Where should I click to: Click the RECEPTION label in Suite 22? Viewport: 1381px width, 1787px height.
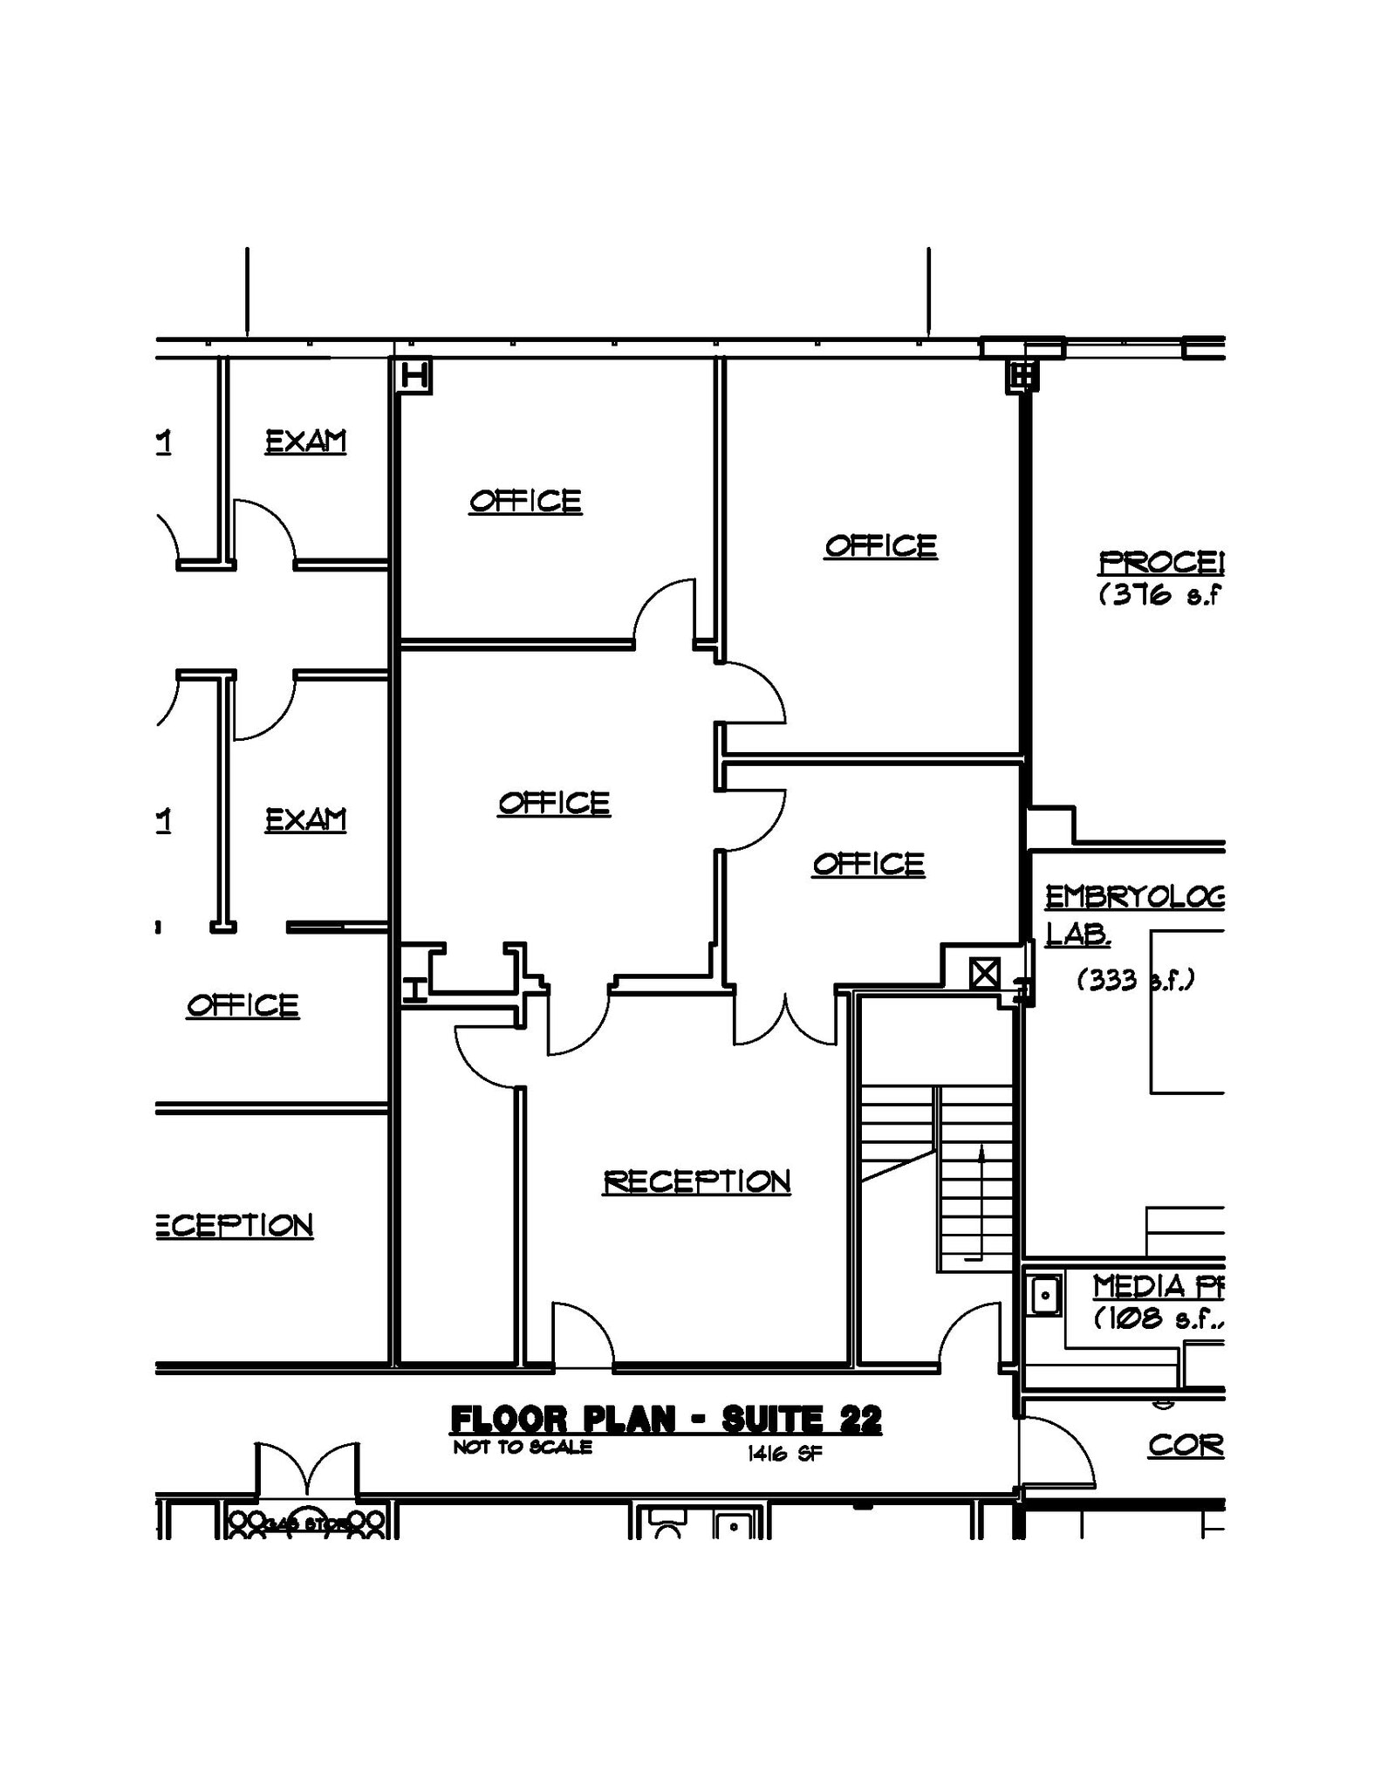tap(696, 1181)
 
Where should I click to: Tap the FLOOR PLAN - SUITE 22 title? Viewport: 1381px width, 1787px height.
tap(666, 1421)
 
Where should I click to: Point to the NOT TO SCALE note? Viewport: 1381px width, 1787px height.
tap(522, 1448)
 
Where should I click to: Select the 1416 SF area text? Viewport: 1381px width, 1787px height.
tap(784, 1454)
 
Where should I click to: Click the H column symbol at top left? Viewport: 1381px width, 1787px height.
tap(414, 377)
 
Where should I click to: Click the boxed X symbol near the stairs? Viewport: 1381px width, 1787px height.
tap(984, 973)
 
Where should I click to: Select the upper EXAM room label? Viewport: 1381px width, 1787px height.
tap(305, 442)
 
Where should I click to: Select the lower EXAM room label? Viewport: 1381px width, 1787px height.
tap(305, 819)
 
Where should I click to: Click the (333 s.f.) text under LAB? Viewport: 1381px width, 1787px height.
tap(1135, 980)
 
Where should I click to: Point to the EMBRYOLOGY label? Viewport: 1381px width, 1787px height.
tap(1134, 897)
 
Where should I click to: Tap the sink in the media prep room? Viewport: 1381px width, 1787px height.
tap(1044, 1295)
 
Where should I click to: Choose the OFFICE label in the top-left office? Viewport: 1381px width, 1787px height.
tap(525, 502)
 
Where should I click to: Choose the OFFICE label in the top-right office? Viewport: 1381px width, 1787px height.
tap(881, 546)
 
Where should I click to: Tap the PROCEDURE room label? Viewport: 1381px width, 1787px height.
tap(1160, 563)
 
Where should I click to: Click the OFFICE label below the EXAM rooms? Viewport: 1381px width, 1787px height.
tap(243, 1005)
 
